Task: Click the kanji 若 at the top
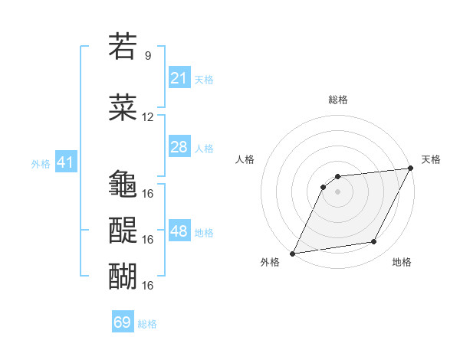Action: [123, 47]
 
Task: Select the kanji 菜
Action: [123, 108]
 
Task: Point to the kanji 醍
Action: [123, 230]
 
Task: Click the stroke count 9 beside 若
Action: [148, 56]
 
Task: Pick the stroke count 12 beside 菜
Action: [148, 117]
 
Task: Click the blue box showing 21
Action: [179, 77]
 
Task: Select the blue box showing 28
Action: [179, 147]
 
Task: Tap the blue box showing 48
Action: [179, 231]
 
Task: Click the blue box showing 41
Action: [65, 162]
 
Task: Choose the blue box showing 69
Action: [123, 322]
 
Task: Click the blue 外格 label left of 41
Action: [41, 163]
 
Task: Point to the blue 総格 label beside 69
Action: [147, 324]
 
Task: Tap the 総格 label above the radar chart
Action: [337, 100]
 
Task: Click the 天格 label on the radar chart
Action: [431, 159]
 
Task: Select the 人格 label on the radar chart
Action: [245, 159]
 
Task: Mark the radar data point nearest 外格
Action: [292, 253]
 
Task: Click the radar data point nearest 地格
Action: [374, 242]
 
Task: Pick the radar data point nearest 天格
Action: [411, 169]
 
